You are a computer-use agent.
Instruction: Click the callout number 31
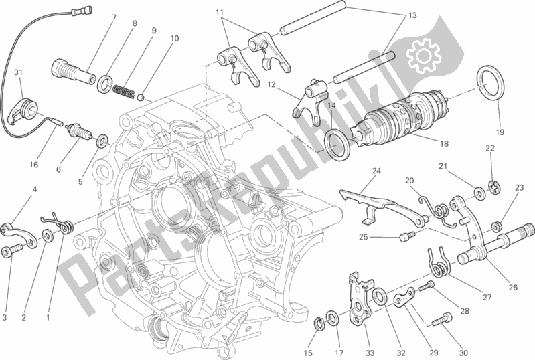click(x=19, y=72)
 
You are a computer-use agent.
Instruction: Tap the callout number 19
click(x=500, y=132)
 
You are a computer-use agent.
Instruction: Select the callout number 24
click(x=376, y=171)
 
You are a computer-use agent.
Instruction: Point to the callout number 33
click(x=370, y=353)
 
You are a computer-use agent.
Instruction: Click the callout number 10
click(x=174, y=39)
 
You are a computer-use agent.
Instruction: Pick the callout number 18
click(x=444, y=143)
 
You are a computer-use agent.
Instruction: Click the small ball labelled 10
click(x=139, y=98)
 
